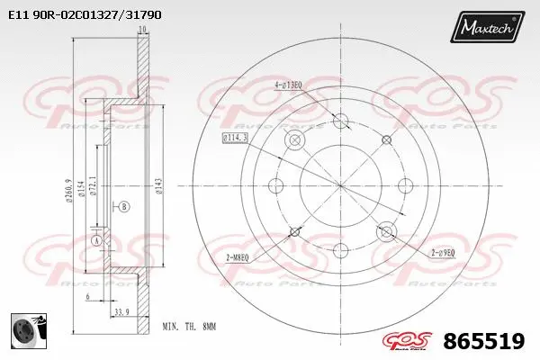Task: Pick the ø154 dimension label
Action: (x=82, y=187)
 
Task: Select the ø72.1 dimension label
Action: (x=94, y=187)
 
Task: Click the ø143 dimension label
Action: (x=158, y=186)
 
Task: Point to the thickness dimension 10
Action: (x=141, y=31)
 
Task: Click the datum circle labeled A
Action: (x=96, y=241)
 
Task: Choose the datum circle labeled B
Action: (x=124, y=207)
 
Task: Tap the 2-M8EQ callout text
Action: (x=238, y=258)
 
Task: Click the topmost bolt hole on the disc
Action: (x=340, y=121)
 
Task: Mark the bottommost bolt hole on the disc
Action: (x=340, y=251)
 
